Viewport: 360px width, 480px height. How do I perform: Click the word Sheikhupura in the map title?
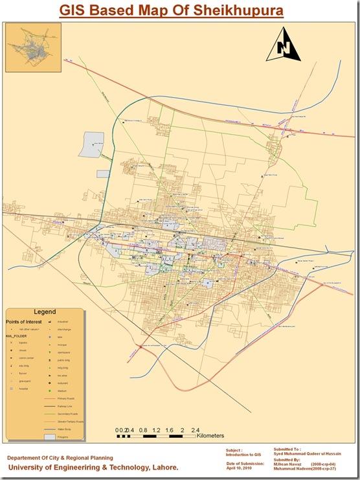(229, 10)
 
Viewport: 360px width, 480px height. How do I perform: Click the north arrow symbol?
(283, 45)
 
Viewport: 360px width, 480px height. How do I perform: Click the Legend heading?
(45, 312)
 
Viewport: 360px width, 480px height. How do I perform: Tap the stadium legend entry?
(63, 391)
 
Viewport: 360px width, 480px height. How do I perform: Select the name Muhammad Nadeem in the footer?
(291, 468)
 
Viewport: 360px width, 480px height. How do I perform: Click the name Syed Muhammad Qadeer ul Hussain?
(306, 455)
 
